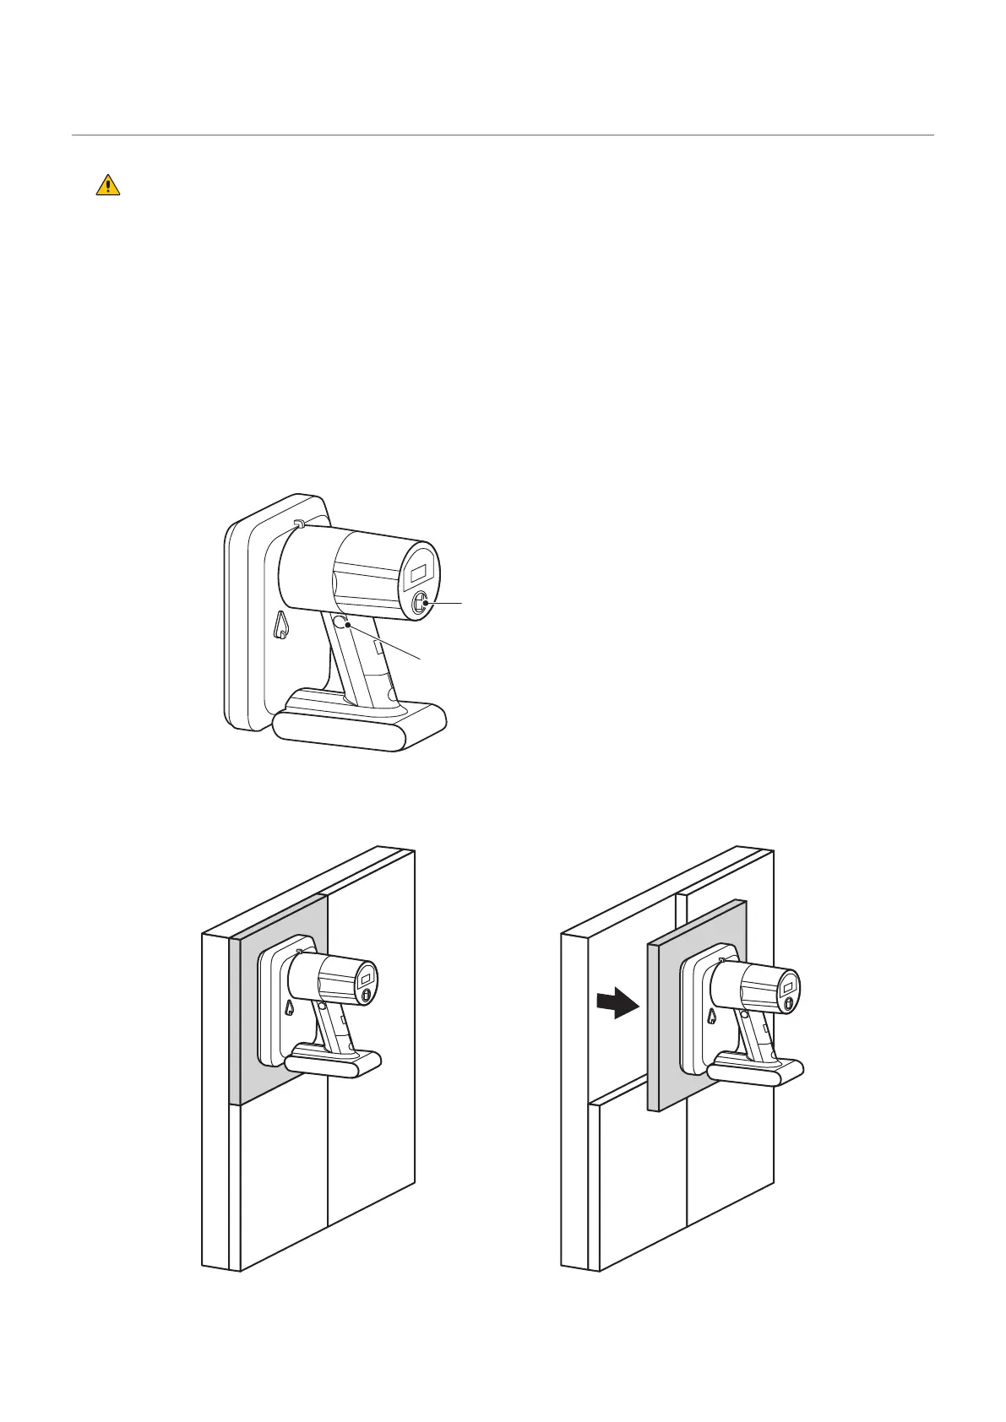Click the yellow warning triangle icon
point(107,185)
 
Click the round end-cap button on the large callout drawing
point(421,603)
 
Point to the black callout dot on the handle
point(347,625)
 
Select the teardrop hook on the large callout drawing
point(282,626)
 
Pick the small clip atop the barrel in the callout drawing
point(298,524)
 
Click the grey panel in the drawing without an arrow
point(249,1056)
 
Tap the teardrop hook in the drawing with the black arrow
point(712,1017)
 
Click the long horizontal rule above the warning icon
point(503,135)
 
